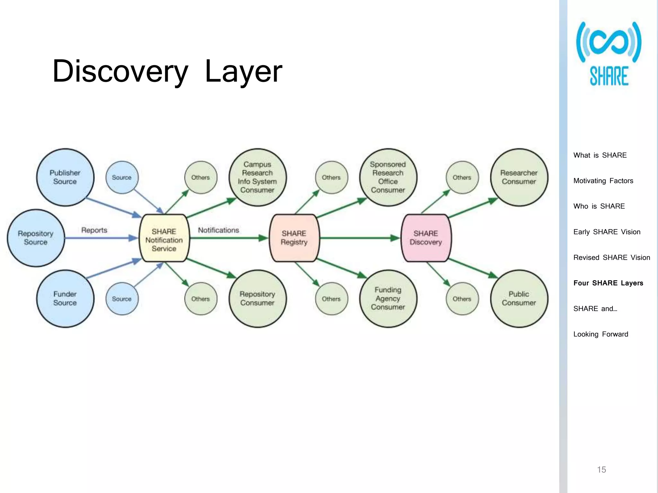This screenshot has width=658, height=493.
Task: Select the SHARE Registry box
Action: tap(294, 238)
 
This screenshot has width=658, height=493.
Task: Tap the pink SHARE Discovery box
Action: tap(426, 238)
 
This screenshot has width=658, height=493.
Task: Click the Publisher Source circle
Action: tap(65, 177)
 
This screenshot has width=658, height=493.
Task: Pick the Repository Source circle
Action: tap(36, 238)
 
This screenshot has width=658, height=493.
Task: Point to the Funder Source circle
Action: tap(65, 298)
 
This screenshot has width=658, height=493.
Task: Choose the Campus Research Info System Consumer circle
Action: tap(257, 177)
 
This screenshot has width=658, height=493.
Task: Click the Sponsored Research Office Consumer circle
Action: tap(388, 177)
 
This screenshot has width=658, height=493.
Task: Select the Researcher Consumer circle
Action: tap(519, 177)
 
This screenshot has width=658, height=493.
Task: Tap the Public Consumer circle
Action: tap(519, 298)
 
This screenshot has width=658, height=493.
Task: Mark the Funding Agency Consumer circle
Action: tap(388, 298)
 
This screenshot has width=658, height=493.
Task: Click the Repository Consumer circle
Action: tap(257, 298)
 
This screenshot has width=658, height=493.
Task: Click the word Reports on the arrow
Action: tap(94, 230)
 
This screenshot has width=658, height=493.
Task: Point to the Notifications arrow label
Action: tap(218, 230)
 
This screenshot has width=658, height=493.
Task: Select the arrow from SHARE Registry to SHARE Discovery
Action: tap(360, 238)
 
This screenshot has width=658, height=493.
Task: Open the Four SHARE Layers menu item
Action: tap(608, 283)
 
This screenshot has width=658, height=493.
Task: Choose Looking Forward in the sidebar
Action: tap(600, 334)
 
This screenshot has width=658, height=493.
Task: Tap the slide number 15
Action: tap(601, 470)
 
